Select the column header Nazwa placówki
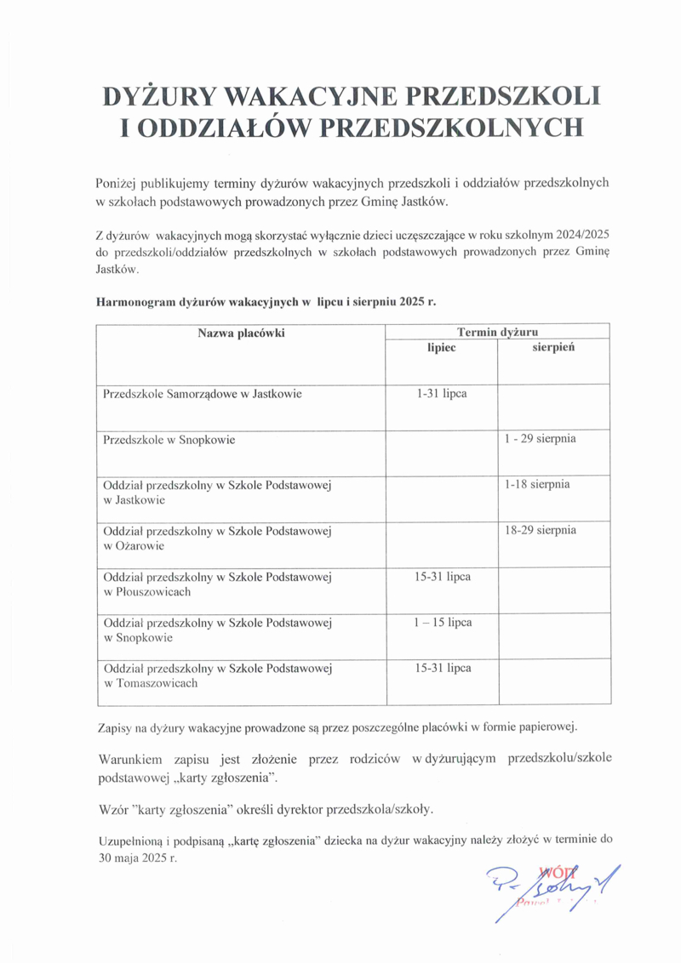point(241,333)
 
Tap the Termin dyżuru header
point(497,332)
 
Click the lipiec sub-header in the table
point(442,348)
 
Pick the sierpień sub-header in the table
point(554,348)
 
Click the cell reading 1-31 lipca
point(442,394)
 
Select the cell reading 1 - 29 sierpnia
point(541,439)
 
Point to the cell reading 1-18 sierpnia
point(537,485)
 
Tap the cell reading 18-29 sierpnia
point(541,530)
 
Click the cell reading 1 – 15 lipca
point(443,622)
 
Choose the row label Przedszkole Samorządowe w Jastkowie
point(203,395)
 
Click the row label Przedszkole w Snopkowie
point(169,441)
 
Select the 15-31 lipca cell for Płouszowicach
point(443,577)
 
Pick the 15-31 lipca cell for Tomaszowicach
point(443,668)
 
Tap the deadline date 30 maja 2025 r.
point(138,858)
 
